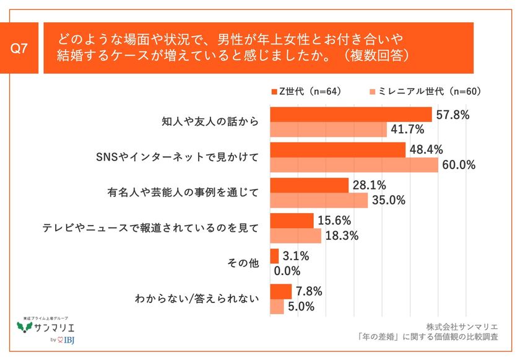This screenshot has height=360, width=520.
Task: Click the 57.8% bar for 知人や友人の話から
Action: [x=351, y=115]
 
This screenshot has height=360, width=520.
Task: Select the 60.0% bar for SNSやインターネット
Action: [x=354, y=165]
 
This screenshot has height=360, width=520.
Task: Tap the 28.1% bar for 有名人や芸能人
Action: [x=310, y=185]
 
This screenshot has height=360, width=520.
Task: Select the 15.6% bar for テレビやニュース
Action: [x=292, y=221]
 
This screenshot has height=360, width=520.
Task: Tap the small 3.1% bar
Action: [x=274, y=256]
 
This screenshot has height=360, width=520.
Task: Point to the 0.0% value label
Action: [x=287, y=271]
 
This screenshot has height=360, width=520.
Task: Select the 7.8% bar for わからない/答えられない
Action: [x=281, y=291]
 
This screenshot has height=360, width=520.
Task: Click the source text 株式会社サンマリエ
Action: [x=470, y=325]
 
